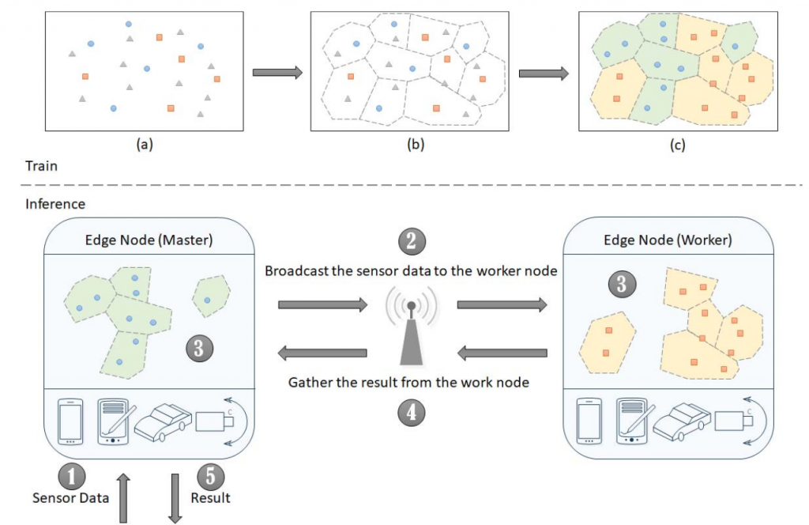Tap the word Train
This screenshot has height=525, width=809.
click(x=40, y=167)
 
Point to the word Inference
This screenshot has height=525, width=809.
click(x=55, y=204)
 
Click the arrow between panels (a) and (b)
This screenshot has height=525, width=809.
click(x=277, y=73)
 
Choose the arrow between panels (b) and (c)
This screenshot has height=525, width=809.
click(x=544, y=73)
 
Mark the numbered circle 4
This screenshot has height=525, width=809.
click(x=411, y=411)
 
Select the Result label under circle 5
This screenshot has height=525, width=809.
click(x=211, y=498)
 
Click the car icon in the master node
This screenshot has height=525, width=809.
click(x=163, y=423)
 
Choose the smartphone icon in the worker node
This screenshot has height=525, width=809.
click(x=589, y=422)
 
